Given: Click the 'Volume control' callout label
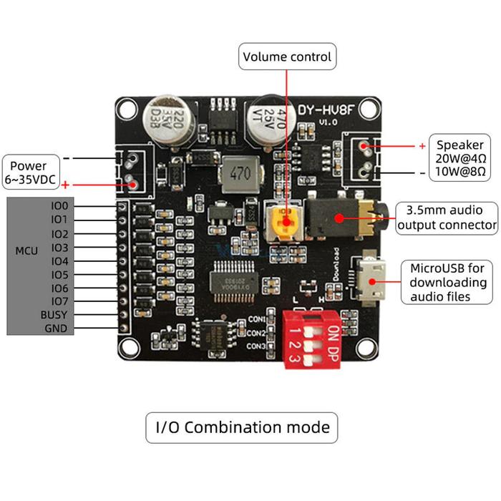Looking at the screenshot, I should point(287,57).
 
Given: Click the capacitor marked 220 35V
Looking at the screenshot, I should point(162,121).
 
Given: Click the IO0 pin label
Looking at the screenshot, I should point(59,206).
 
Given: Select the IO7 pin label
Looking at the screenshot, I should point(59,302).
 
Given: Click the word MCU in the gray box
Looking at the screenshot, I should point(27,251).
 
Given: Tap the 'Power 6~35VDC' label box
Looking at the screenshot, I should point(29,171).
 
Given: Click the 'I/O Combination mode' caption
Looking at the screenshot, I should point(242,427).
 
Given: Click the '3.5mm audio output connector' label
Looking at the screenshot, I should point(447,218).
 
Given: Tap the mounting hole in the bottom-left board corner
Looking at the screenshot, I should point(130,348).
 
